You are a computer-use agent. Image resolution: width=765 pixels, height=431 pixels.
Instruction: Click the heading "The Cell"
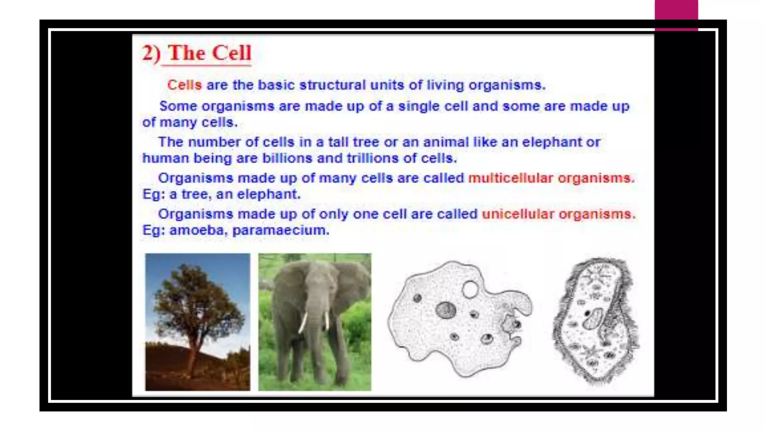[210, 53]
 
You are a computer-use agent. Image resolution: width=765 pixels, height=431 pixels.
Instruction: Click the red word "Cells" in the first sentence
[184, 85]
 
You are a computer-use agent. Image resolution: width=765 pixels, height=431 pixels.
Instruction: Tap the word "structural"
[332, 85]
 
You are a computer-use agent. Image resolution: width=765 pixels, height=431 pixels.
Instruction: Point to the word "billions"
[287, 158]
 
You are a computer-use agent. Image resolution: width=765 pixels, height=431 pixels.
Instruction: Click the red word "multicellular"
[510, 178]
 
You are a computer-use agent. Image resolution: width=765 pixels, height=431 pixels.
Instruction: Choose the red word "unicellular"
[518, 214]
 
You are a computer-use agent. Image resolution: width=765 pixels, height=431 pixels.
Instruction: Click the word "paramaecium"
[281, 230]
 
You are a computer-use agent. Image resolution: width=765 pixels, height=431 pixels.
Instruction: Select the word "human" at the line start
[165, 158]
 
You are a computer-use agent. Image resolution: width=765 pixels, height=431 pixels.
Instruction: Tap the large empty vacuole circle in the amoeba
[470, 289]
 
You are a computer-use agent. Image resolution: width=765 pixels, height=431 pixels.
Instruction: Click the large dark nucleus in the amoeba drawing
[446, 310]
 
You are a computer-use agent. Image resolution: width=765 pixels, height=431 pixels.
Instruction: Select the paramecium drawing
[595, 322]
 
